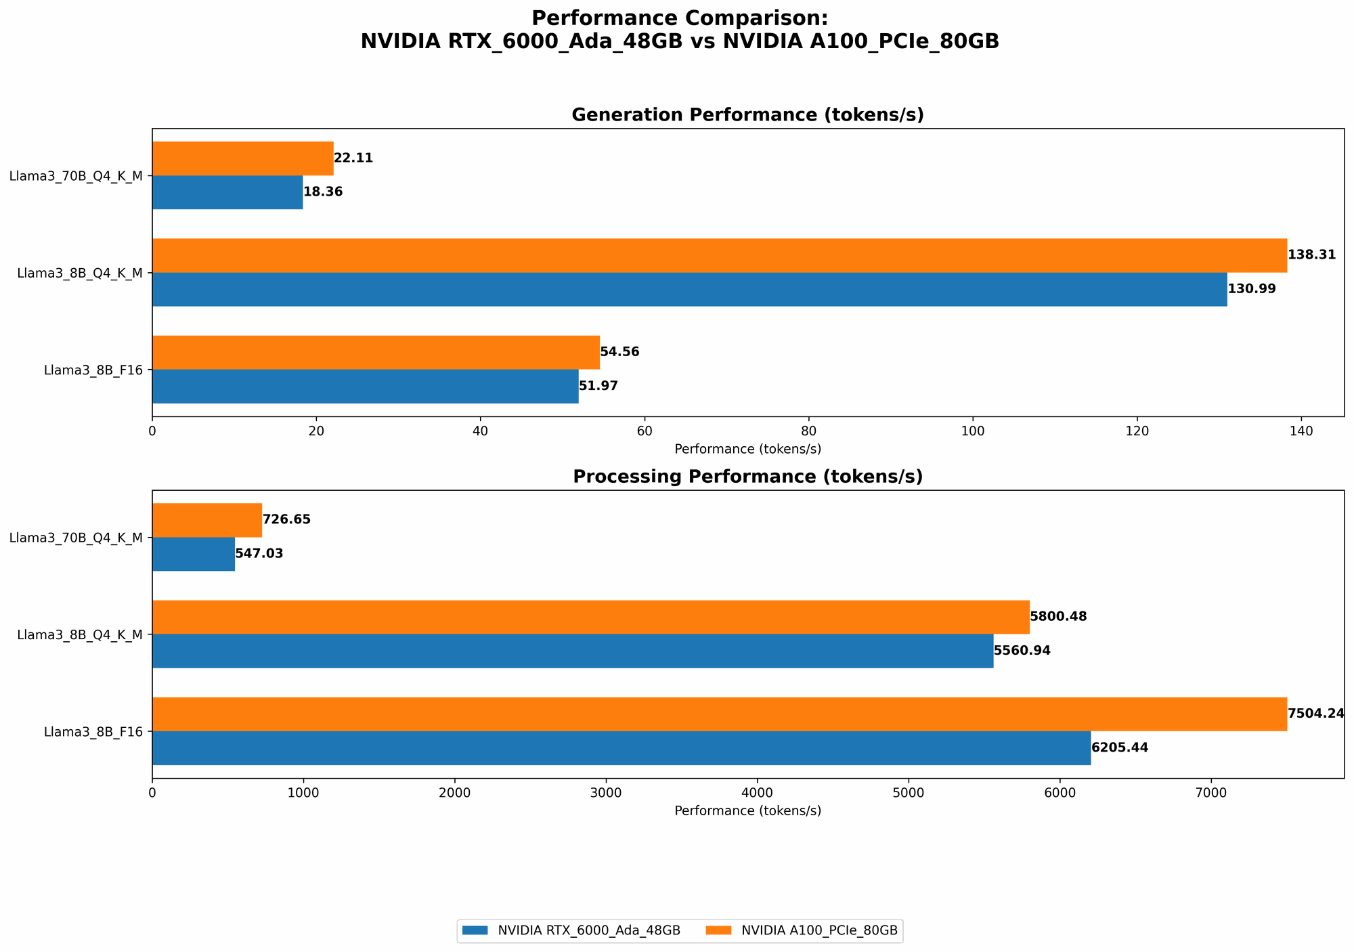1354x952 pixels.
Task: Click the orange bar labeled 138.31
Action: (x=719, y=255)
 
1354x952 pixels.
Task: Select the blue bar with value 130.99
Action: (x=689, y=289)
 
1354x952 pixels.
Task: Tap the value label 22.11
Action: (x=353, y=158)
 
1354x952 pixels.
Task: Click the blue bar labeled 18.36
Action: (x=227, y=192)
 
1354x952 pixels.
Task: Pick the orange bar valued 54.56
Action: (x=376, y=352)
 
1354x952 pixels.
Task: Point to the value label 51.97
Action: (x=598, y=387)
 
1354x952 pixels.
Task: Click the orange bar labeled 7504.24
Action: (x=719, y=714)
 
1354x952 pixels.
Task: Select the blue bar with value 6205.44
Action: (x=621, y=748)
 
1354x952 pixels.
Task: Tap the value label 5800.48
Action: (x=1058, y=617)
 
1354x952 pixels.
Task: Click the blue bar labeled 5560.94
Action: (x=573, y=651)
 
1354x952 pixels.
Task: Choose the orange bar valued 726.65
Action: (x=207, y=520)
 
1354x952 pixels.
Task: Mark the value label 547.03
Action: (x=259, y=554)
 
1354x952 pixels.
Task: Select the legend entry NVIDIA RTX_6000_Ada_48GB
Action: (x=571, y=931)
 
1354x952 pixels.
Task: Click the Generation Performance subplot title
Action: (x=747, y=115)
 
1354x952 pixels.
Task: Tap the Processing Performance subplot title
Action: (x=747, y=477)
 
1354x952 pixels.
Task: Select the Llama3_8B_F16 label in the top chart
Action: (x=93, y=370)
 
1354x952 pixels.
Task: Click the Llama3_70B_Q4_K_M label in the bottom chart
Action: (x=76, y=538)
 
